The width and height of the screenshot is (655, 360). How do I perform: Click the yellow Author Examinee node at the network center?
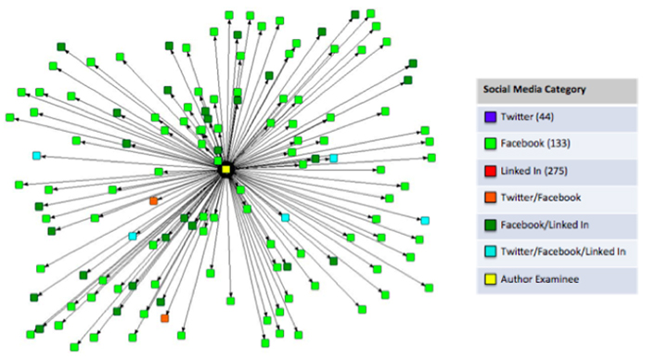pos(225,169)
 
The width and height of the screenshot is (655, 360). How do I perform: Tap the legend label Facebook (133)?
pos(533,145)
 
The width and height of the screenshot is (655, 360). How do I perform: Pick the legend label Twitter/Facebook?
pos(541,198)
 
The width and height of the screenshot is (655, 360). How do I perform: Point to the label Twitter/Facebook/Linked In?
pos(563,251)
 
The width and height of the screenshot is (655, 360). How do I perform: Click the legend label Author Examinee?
pos(539,278)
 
